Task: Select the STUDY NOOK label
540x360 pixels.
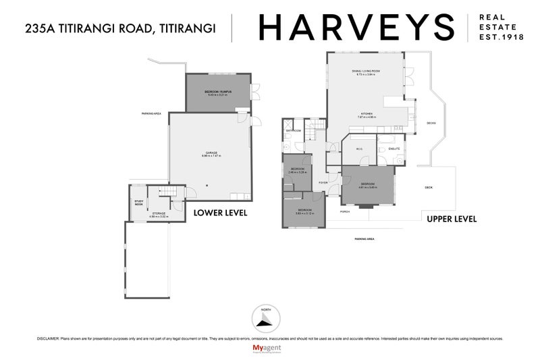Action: point(138,202)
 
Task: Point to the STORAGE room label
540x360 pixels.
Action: point(159,213)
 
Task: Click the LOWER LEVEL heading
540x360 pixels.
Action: point(220,213)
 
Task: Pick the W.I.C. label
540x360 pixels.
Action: point(360,149)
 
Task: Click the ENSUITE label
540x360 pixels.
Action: point(394,149)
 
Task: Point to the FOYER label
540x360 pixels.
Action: point(323,182)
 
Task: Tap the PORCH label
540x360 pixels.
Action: point(344,211)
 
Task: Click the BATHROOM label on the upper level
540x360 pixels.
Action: point(293,130)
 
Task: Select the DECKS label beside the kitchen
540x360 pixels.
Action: point(431,123)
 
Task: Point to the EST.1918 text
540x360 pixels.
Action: point(500,38)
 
